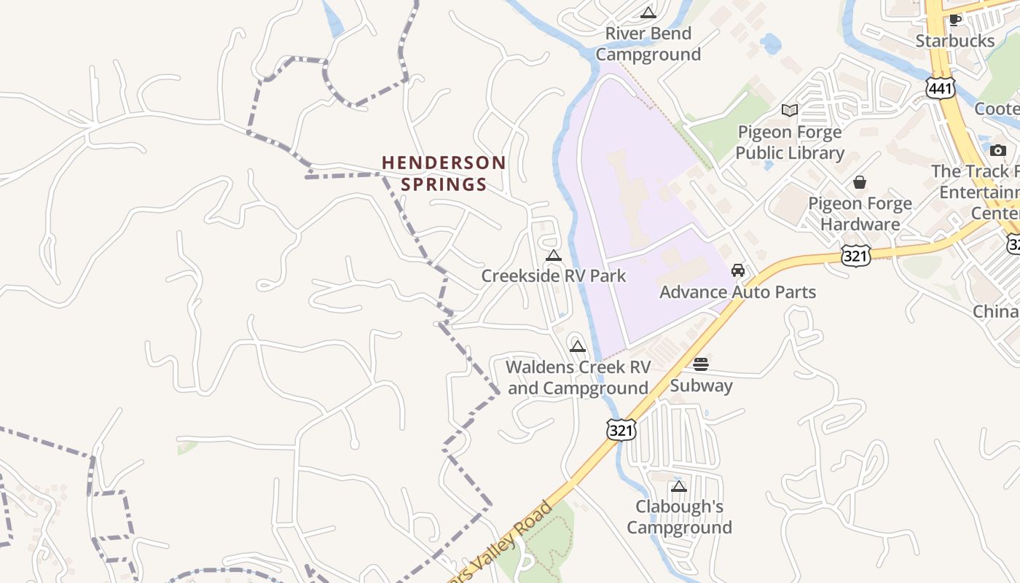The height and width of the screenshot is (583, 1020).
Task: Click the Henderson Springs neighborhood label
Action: (x=444, y=173)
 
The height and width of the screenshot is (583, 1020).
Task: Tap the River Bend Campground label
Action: (x=648, y=44)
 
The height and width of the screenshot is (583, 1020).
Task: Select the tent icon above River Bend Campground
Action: (x=648, y=12)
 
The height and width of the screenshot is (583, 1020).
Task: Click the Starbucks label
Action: (x=954, y=41)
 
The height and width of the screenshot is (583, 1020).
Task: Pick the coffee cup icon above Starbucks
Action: (x=955, y=20)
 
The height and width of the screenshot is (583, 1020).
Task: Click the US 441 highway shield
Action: (x=940, y=87)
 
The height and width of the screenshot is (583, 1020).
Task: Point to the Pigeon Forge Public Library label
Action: (x=789, y=142)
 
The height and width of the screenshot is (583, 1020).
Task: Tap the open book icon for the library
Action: (x=789, y=110)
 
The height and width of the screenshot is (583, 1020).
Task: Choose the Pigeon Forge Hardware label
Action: (x=860, y=214)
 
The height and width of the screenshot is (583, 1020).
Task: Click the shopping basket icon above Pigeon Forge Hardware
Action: (x=860, y=181)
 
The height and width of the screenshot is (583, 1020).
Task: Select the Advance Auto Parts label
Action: (x=737, y=292)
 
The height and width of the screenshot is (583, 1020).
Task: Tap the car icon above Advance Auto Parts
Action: (x=737, y=270)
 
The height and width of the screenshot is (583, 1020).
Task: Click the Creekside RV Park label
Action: (x=554, y=276)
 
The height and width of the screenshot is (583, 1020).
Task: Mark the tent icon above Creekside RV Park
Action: (x=554, y=255)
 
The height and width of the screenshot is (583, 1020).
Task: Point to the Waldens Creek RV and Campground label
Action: (x=578, y=377)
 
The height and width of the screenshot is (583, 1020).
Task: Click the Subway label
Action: (x=701, y=386)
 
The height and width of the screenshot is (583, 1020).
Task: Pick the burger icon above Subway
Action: (x=701, y=364)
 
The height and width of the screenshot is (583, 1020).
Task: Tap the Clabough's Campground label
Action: (x=679, y=517)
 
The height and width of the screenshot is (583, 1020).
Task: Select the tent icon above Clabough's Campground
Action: (x=679, y=486)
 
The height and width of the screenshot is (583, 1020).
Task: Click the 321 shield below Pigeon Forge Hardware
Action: (x=855, y=255)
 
